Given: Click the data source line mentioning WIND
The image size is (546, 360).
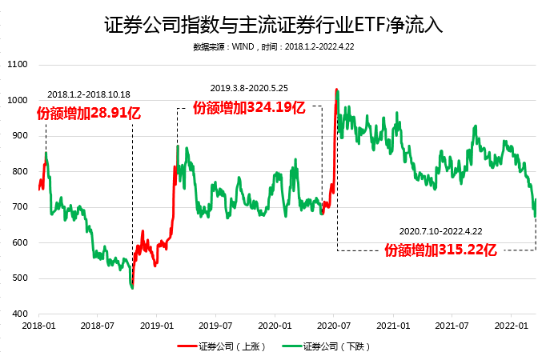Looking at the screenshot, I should tap(273, 47).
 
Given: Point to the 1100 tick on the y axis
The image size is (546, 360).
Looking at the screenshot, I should tap(17, 65).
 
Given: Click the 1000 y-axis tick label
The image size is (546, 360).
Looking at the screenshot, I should tap(17, 101).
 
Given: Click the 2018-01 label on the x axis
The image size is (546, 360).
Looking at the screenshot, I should tap(38, 326).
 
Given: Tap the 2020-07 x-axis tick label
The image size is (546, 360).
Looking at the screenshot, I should tap(335, 326).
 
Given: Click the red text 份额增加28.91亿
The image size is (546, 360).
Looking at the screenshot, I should tap(89, 113).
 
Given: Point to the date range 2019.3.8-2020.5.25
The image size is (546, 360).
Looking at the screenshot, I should tap(247, 88).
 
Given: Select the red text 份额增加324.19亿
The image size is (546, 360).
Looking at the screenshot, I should tap(249, 107).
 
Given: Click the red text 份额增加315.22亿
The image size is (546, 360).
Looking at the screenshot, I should tap(441, 250).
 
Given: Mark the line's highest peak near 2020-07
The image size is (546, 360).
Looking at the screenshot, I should tap(336, 90).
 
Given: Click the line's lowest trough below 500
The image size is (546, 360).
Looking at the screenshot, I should tap(132, 287).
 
